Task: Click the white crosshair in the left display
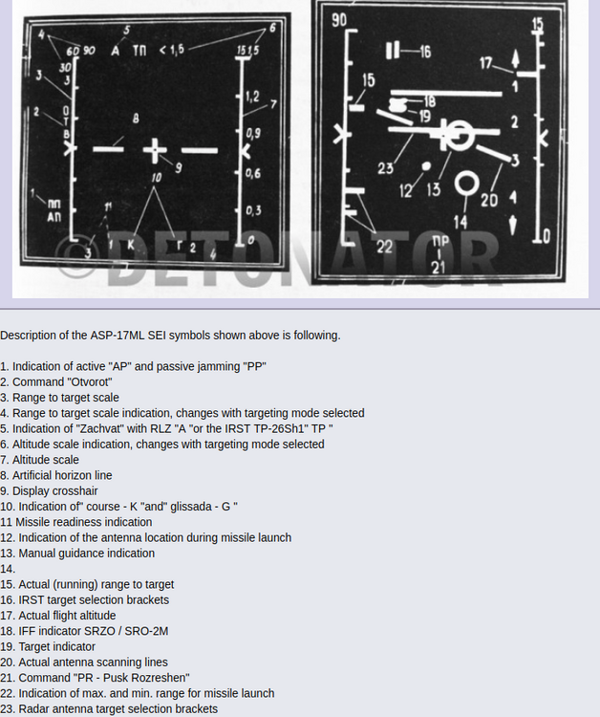pos(156,149)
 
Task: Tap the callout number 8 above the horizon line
pos(136,119)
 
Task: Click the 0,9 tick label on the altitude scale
pos(252,133)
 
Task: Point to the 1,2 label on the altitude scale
pos(252,97)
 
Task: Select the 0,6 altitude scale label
pos(252,173)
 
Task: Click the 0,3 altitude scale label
pos(252,210)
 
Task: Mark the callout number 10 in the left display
pos(156,178)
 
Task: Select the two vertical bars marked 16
pos(393,50)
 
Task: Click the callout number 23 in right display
pos(385,169)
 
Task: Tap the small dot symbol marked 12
pos(426,165)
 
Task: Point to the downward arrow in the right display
pos(514,225)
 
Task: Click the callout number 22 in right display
pos(385,247)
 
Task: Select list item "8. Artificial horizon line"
pos(56,475)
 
